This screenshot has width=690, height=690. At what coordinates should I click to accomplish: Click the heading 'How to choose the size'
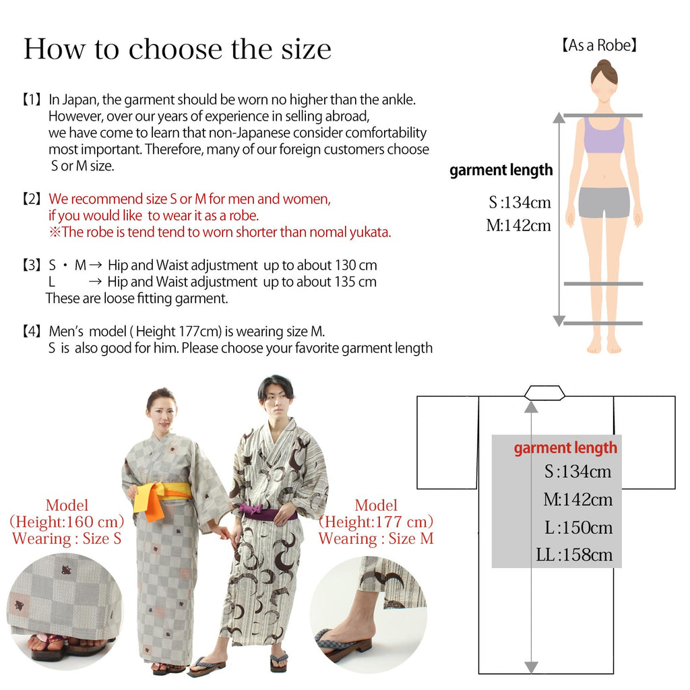tap(177, 49)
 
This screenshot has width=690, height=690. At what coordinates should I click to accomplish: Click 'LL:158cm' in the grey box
tap(574, 555)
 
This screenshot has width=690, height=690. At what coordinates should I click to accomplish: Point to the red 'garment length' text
tap(565, 448)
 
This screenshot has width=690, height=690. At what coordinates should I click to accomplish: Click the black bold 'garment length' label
tap(501, 170)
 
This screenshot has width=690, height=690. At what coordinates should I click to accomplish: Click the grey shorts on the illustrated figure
tap(604, 202)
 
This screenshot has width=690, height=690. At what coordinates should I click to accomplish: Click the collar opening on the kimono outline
tap(544, 392)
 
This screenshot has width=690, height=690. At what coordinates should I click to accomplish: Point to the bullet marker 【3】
tap(32, 265)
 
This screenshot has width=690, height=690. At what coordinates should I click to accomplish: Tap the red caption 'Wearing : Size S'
tap(67, 538)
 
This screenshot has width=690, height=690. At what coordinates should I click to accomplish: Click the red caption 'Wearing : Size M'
tap(376, 538)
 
